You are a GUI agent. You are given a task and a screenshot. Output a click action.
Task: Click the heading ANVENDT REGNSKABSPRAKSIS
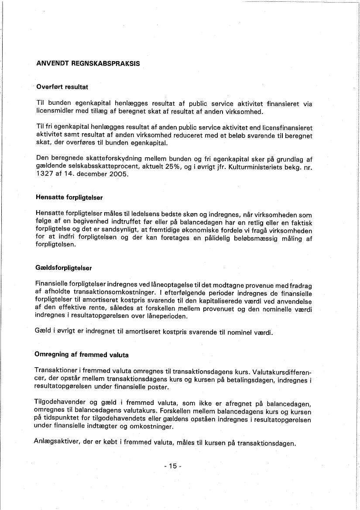[88, 63]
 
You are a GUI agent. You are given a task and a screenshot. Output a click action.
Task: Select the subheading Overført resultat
[62, 87]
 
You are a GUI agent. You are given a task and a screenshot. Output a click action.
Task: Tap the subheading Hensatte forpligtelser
[69, 197]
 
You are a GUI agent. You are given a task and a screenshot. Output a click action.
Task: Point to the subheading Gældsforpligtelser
[64, 268]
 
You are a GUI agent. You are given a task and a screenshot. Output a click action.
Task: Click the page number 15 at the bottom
[173, 466]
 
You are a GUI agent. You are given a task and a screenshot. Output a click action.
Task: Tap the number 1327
[44, 175]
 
